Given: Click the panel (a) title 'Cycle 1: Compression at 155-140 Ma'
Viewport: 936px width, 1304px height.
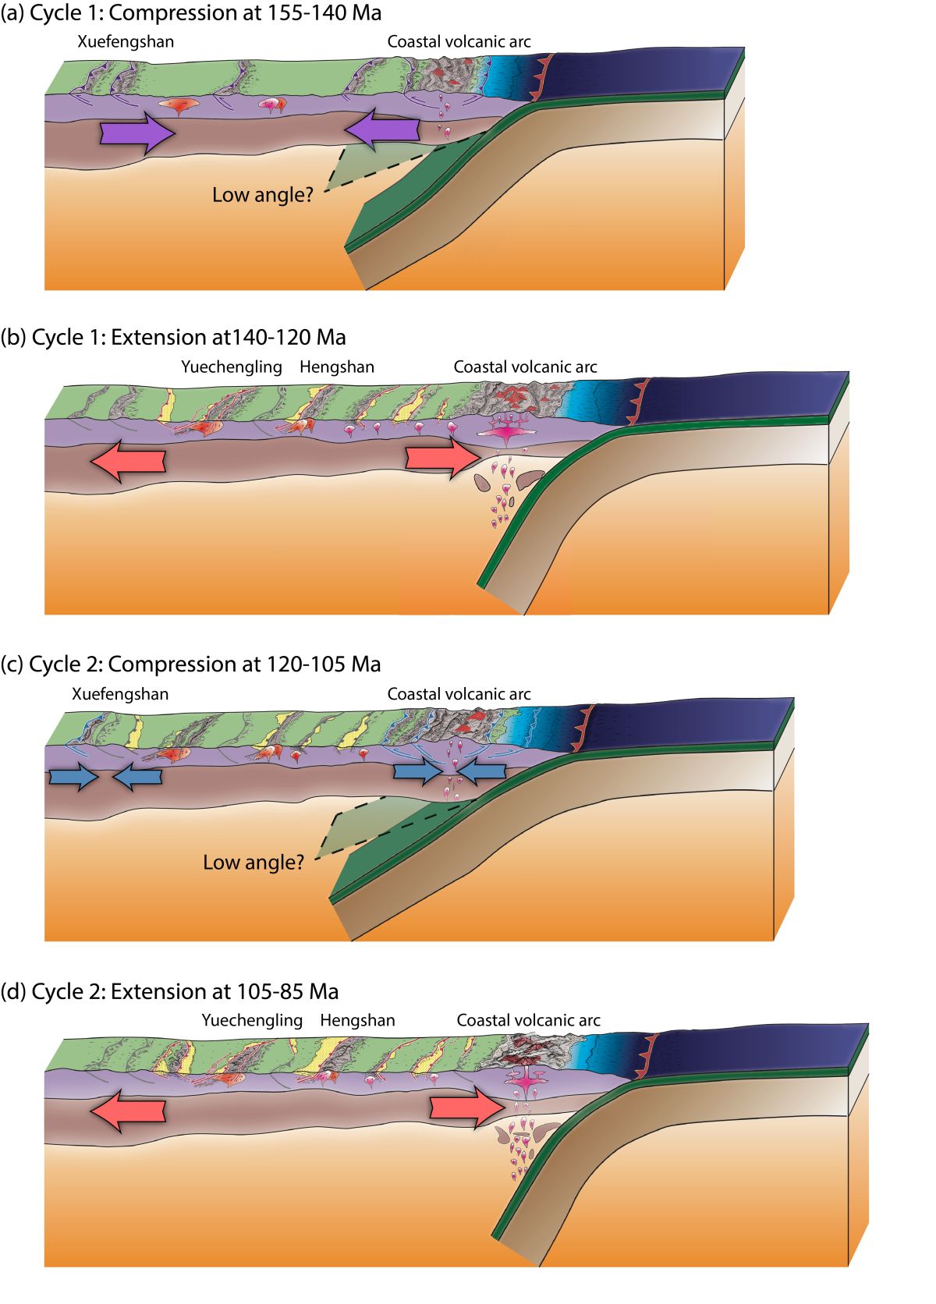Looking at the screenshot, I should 191,13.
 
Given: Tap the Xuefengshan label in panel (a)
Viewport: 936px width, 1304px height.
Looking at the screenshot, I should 126,41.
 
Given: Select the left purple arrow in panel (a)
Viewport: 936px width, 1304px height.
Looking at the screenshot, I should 136,134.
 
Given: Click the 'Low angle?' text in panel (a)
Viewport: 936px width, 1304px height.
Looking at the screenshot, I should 262,195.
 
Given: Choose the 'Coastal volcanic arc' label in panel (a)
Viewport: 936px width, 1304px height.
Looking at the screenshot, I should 459,41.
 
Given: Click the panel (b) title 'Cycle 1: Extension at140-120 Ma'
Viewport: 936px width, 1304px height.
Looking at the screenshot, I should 173,338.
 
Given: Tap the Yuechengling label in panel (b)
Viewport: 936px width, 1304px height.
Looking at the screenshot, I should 232,367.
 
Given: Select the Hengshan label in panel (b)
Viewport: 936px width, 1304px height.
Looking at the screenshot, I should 337,367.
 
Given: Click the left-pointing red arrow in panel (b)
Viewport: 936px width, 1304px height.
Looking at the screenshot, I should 128,460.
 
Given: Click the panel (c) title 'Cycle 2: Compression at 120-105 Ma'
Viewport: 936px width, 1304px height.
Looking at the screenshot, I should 191,664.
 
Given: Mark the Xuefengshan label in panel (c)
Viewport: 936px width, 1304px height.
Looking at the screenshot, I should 120,693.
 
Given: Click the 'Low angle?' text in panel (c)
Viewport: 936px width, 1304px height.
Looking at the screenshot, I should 253,863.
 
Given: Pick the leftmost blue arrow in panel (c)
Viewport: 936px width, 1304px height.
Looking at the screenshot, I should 73,778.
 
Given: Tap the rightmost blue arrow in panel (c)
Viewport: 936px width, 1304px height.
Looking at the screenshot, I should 481,771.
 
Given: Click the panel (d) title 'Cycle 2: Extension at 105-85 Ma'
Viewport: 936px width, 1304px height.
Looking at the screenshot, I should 170,992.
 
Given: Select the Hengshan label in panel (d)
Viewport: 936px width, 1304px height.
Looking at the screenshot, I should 357,1020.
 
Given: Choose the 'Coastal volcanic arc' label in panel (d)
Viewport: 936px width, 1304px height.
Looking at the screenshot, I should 528,1020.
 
